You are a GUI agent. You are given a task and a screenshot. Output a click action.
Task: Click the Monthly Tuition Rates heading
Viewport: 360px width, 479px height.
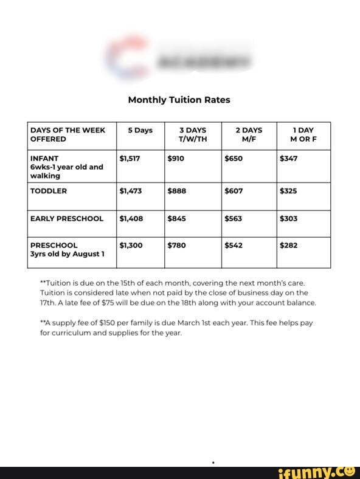pos(179,100)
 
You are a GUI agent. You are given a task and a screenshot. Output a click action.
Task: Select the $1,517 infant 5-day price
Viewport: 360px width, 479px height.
pos(130,158)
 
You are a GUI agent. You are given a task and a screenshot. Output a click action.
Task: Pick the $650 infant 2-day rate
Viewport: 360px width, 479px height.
pos(234,158)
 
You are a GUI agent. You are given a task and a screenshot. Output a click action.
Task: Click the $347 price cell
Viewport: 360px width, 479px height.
pos(289,158)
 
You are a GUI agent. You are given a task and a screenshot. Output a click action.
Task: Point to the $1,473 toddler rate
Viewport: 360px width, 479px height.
pos(131,191)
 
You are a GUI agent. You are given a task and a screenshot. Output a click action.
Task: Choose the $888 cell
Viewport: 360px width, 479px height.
pos(176,191)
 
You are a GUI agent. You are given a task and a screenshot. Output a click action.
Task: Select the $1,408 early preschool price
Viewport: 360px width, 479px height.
pos(131,218)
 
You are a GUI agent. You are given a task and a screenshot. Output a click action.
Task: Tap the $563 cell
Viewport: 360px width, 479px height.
pos(234,218)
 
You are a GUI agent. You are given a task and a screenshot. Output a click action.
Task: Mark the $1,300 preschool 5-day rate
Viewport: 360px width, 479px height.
pos(131,246)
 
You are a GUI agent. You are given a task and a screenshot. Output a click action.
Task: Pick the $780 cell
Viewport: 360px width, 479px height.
pos(176,246)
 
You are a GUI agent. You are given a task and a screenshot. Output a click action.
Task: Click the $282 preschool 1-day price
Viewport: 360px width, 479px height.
pos(289,246)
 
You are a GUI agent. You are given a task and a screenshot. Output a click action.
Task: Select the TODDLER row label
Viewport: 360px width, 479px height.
pos(49,191)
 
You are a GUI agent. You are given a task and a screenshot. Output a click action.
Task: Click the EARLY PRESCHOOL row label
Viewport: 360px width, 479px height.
pos(67,218)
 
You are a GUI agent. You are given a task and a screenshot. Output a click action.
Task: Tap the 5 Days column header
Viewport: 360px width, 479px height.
pos(140,130)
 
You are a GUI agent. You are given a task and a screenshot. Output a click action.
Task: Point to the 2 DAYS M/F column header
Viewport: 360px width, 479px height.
pos(249,134)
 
